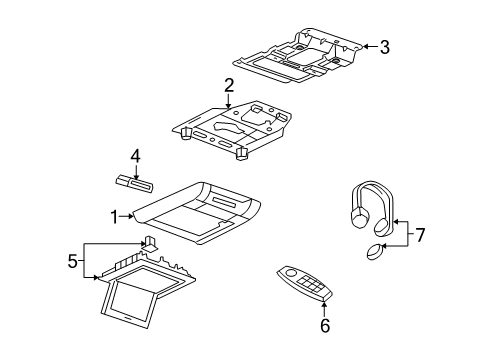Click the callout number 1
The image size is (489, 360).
[x=114, y=213]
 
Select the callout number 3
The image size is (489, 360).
[x=383, y=45]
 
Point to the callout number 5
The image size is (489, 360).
[x=72, y=261]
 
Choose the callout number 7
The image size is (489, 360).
[x=421, y=235]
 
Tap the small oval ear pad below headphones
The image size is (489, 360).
[x=374, y=252]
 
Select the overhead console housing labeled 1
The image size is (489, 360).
[x=200, y=210]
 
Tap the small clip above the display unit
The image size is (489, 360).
[x=149, y=243]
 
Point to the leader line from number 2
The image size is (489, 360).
[x=230, y=100]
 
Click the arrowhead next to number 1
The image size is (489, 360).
[x=130, y=213]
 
